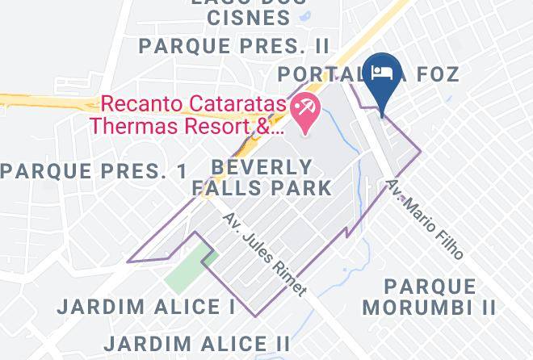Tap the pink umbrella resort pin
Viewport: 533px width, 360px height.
pos(304,111)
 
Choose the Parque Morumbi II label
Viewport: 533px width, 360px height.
pos(429,297)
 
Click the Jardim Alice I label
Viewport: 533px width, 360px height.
pos(147,308)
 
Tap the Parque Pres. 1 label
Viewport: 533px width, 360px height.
pos(94,171)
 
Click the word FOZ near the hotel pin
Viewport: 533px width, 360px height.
pos(438,75)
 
